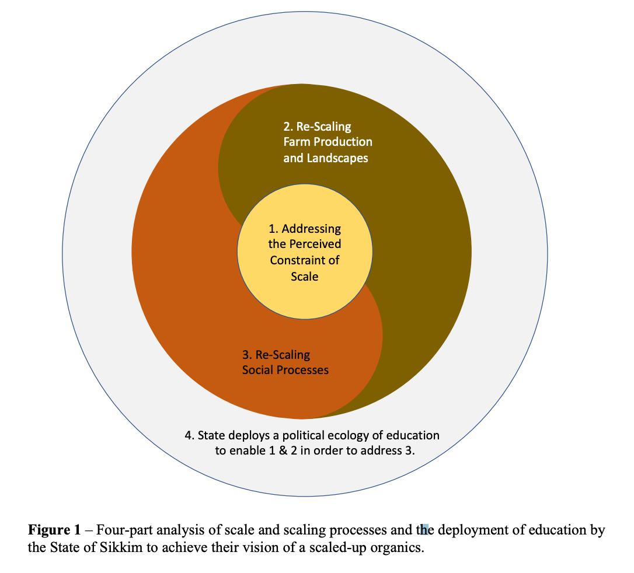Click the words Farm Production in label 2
coord(328,142)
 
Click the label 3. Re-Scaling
coord(276,354)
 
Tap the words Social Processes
coord(285,370)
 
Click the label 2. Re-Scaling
coord(318,126)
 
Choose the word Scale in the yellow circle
coord(305,276)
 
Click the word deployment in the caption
coord(467,530)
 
